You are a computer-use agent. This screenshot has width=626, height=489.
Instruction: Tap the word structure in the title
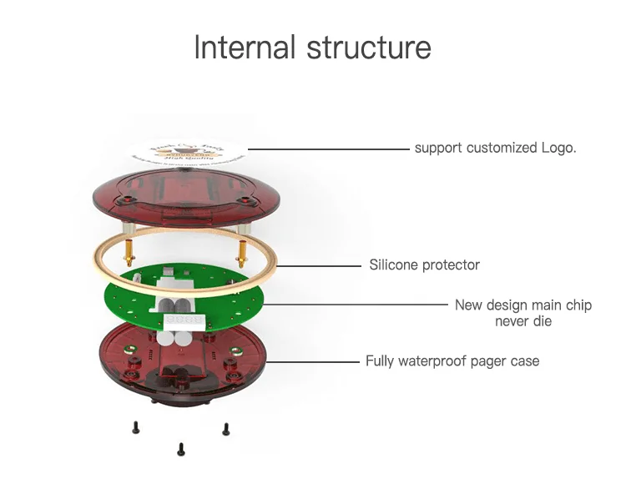pyautogui.click(x=369, y=48)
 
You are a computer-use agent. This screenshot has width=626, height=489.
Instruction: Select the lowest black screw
pyautogui.click(x=180, y=449)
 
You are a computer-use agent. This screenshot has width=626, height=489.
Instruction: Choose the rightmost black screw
pyautogui.click(x=225, y=429)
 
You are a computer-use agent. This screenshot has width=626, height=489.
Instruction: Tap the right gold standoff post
pyautogui.click(x=242, y=248)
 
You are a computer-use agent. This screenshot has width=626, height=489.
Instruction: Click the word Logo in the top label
pyautogui.click(x=557, y=148)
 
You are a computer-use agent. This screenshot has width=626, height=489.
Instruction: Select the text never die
pyautogui.click(x=523, y=321)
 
